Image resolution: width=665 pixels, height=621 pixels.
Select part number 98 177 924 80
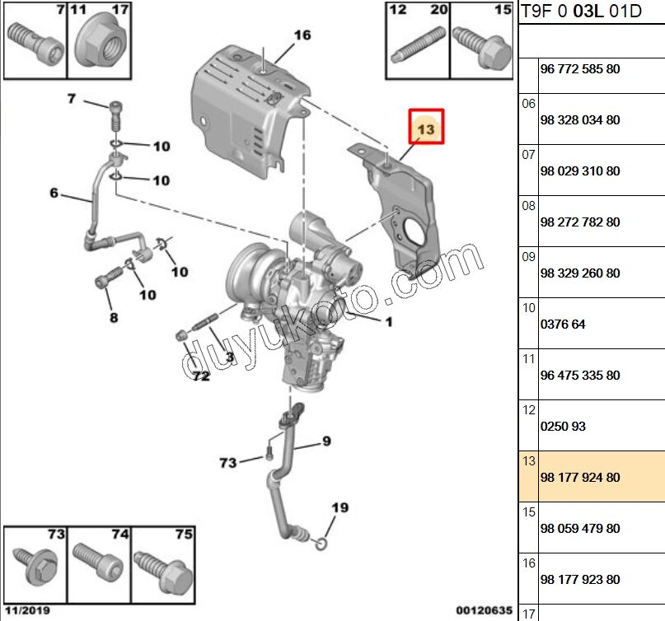(580, 478)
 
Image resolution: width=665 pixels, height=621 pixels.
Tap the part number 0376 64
(563, 325)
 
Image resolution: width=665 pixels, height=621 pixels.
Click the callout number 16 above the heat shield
(302, 35)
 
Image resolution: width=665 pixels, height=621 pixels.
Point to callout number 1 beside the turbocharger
(389, 321)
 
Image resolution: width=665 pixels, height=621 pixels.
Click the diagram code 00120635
(484, 611)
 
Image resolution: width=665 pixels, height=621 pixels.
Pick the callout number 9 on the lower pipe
(326, 441)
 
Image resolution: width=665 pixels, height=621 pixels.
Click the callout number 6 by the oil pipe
(54, 193)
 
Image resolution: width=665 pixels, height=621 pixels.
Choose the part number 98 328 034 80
(580, 120)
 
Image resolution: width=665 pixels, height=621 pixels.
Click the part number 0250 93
(563, 427)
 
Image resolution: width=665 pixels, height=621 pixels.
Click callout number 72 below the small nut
(201, 376)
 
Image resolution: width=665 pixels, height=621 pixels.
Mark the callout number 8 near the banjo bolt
(113, 318)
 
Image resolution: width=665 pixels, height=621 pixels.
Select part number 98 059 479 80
(580, 529)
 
